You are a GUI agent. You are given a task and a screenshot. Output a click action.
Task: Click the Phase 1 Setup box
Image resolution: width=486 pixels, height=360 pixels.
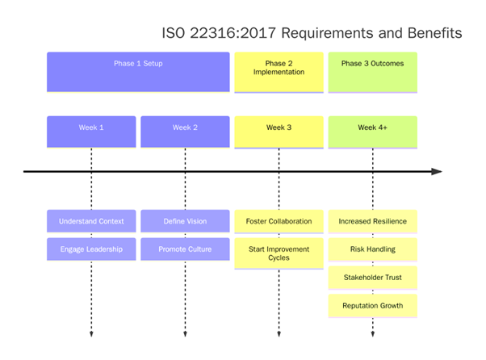tap(138, 72)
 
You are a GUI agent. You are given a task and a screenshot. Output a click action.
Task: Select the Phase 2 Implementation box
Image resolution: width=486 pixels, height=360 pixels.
tap(279, 72)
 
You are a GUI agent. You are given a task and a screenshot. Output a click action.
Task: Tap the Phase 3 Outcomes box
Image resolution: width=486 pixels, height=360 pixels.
tap(372, 72)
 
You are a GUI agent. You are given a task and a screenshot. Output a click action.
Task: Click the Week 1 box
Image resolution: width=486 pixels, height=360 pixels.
tap(91, 132)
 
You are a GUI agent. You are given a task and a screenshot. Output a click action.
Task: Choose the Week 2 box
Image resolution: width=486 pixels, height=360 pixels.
tap(185, 132)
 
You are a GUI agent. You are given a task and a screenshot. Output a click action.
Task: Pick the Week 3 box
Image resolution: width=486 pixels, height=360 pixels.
tap(279, 132)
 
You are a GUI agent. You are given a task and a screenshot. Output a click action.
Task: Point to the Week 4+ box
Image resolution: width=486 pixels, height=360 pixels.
tap(372, 132)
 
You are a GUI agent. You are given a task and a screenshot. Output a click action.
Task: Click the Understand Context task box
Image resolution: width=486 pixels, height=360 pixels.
tap(91, 221)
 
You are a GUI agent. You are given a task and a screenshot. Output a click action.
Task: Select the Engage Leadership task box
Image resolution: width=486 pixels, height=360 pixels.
tap(91, 249)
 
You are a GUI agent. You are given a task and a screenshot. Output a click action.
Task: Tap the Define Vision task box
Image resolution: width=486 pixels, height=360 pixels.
tap(185, 221)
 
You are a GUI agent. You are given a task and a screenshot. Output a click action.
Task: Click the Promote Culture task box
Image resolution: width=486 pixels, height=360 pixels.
tap(185, 249)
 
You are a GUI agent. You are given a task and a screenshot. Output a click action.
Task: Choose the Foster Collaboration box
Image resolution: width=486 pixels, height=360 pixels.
tap(279, 221)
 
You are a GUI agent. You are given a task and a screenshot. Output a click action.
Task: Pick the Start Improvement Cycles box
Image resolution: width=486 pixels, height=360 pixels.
tap(279, 253)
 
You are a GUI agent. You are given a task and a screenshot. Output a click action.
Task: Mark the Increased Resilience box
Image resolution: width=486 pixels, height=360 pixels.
tap(372, 221)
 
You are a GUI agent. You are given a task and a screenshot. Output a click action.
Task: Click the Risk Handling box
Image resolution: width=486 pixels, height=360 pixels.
tap(372, 249)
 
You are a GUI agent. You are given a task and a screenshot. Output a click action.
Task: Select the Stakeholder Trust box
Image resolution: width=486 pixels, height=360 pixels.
tap(372, 278)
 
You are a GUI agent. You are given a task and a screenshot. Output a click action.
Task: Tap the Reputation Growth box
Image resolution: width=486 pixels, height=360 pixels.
tap(372, 306)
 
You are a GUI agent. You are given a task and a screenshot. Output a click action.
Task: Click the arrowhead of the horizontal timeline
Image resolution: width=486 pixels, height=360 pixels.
tap(437, 171)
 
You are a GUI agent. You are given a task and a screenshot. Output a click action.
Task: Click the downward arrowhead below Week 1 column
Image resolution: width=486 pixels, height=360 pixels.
tap(91, 333)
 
